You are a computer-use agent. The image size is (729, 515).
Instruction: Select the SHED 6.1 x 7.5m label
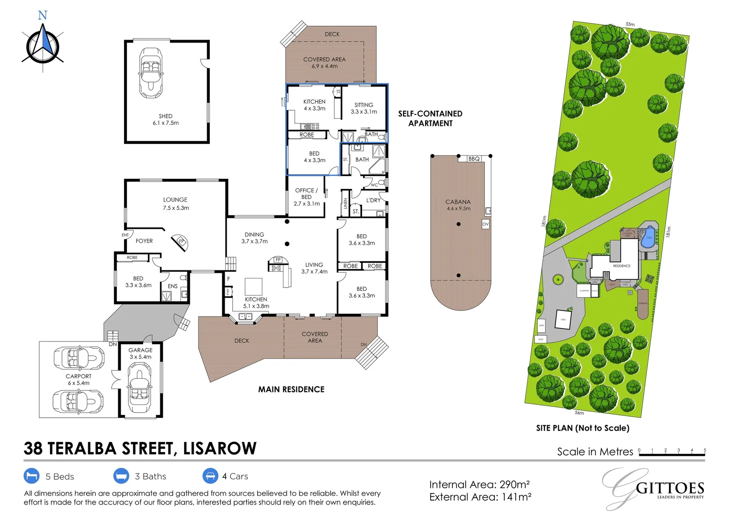tap(166, 119)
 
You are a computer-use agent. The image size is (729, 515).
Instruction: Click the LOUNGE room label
tap(176, 204)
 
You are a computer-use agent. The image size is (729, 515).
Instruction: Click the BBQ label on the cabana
tap(474, 159)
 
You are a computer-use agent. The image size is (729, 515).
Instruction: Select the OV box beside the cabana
tap(485, 224)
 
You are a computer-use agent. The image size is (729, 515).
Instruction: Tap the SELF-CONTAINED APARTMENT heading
tap(430, 118)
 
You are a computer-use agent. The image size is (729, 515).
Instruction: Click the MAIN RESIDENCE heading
tap(291, 389)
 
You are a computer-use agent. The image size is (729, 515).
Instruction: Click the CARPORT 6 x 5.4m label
tap(78, 380)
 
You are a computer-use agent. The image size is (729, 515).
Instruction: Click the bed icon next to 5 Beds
tap(31, 476)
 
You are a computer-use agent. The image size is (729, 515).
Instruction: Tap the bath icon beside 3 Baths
tap(121, 476)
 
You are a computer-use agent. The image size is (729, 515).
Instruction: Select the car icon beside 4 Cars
tap(210, 476)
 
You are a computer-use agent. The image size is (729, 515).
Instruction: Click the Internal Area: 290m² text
tap(479, 484)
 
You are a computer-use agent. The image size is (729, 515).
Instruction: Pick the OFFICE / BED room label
tap(306, 197)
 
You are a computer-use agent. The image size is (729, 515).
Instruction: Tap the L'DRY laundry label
tap(374, 200)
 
